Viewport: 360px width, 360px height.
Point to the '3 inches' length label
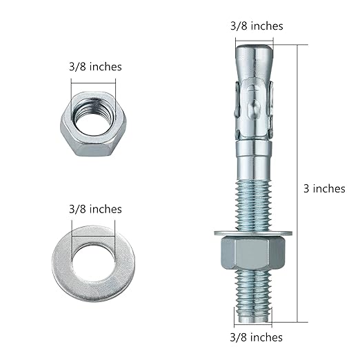click(324, 188)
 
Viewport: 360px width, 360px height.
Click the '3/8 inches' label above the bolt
click(256, 26)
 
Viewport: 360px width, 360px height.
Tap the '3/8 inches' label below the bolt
click(255, 337)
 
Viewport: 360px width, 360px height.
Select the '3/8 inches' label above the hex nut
click(95, 67)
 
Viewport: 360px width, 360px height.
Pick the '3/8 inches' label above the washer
click(95, 209)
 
